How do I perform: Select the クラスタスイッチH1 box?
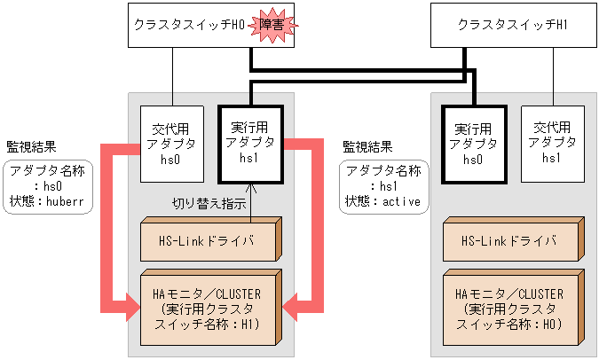512,26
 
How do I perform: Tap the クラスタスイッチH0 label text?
188,26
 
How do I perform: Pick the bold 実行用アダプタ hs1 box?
250,144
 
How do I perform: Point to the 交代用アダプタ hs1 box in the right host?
551,144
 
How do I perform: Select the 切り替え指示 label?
209,203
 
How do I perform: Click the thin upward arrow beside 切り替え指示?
251,200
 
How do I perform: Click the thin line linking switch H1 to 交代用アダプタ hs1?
552,77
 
